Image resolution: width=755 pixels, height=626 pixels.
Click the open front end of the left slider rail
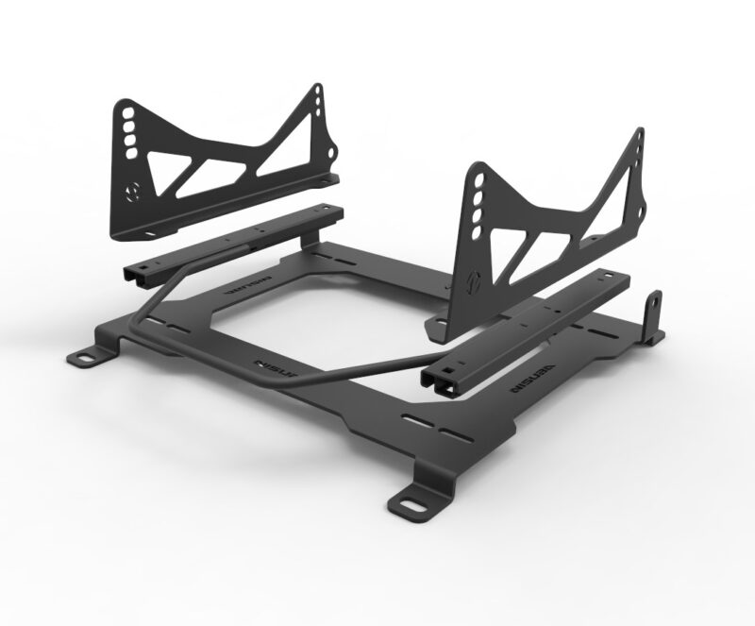(133, 273)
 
